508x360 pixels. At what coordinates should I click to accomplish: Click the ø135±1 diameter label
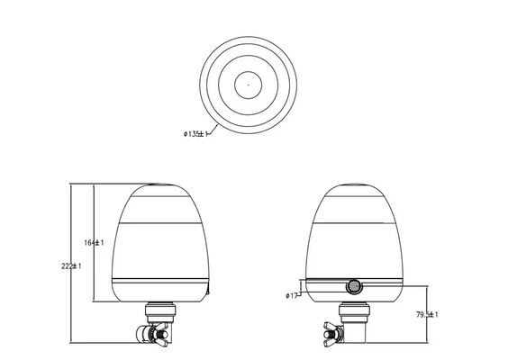195,134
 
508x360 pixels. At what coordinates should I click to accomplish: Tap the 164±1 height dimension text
95,243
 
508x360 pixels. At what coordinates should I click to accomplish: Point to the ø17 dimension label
290,295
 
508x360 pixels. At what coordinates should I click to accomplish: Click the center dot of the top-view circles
248,85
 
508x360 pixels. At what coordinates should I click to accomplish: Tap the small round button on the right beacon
353,287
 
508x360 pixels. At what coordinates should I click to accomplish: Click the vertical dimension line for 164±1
94,216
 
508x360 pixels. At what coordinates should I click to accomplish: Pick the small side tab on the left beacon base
206,291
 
